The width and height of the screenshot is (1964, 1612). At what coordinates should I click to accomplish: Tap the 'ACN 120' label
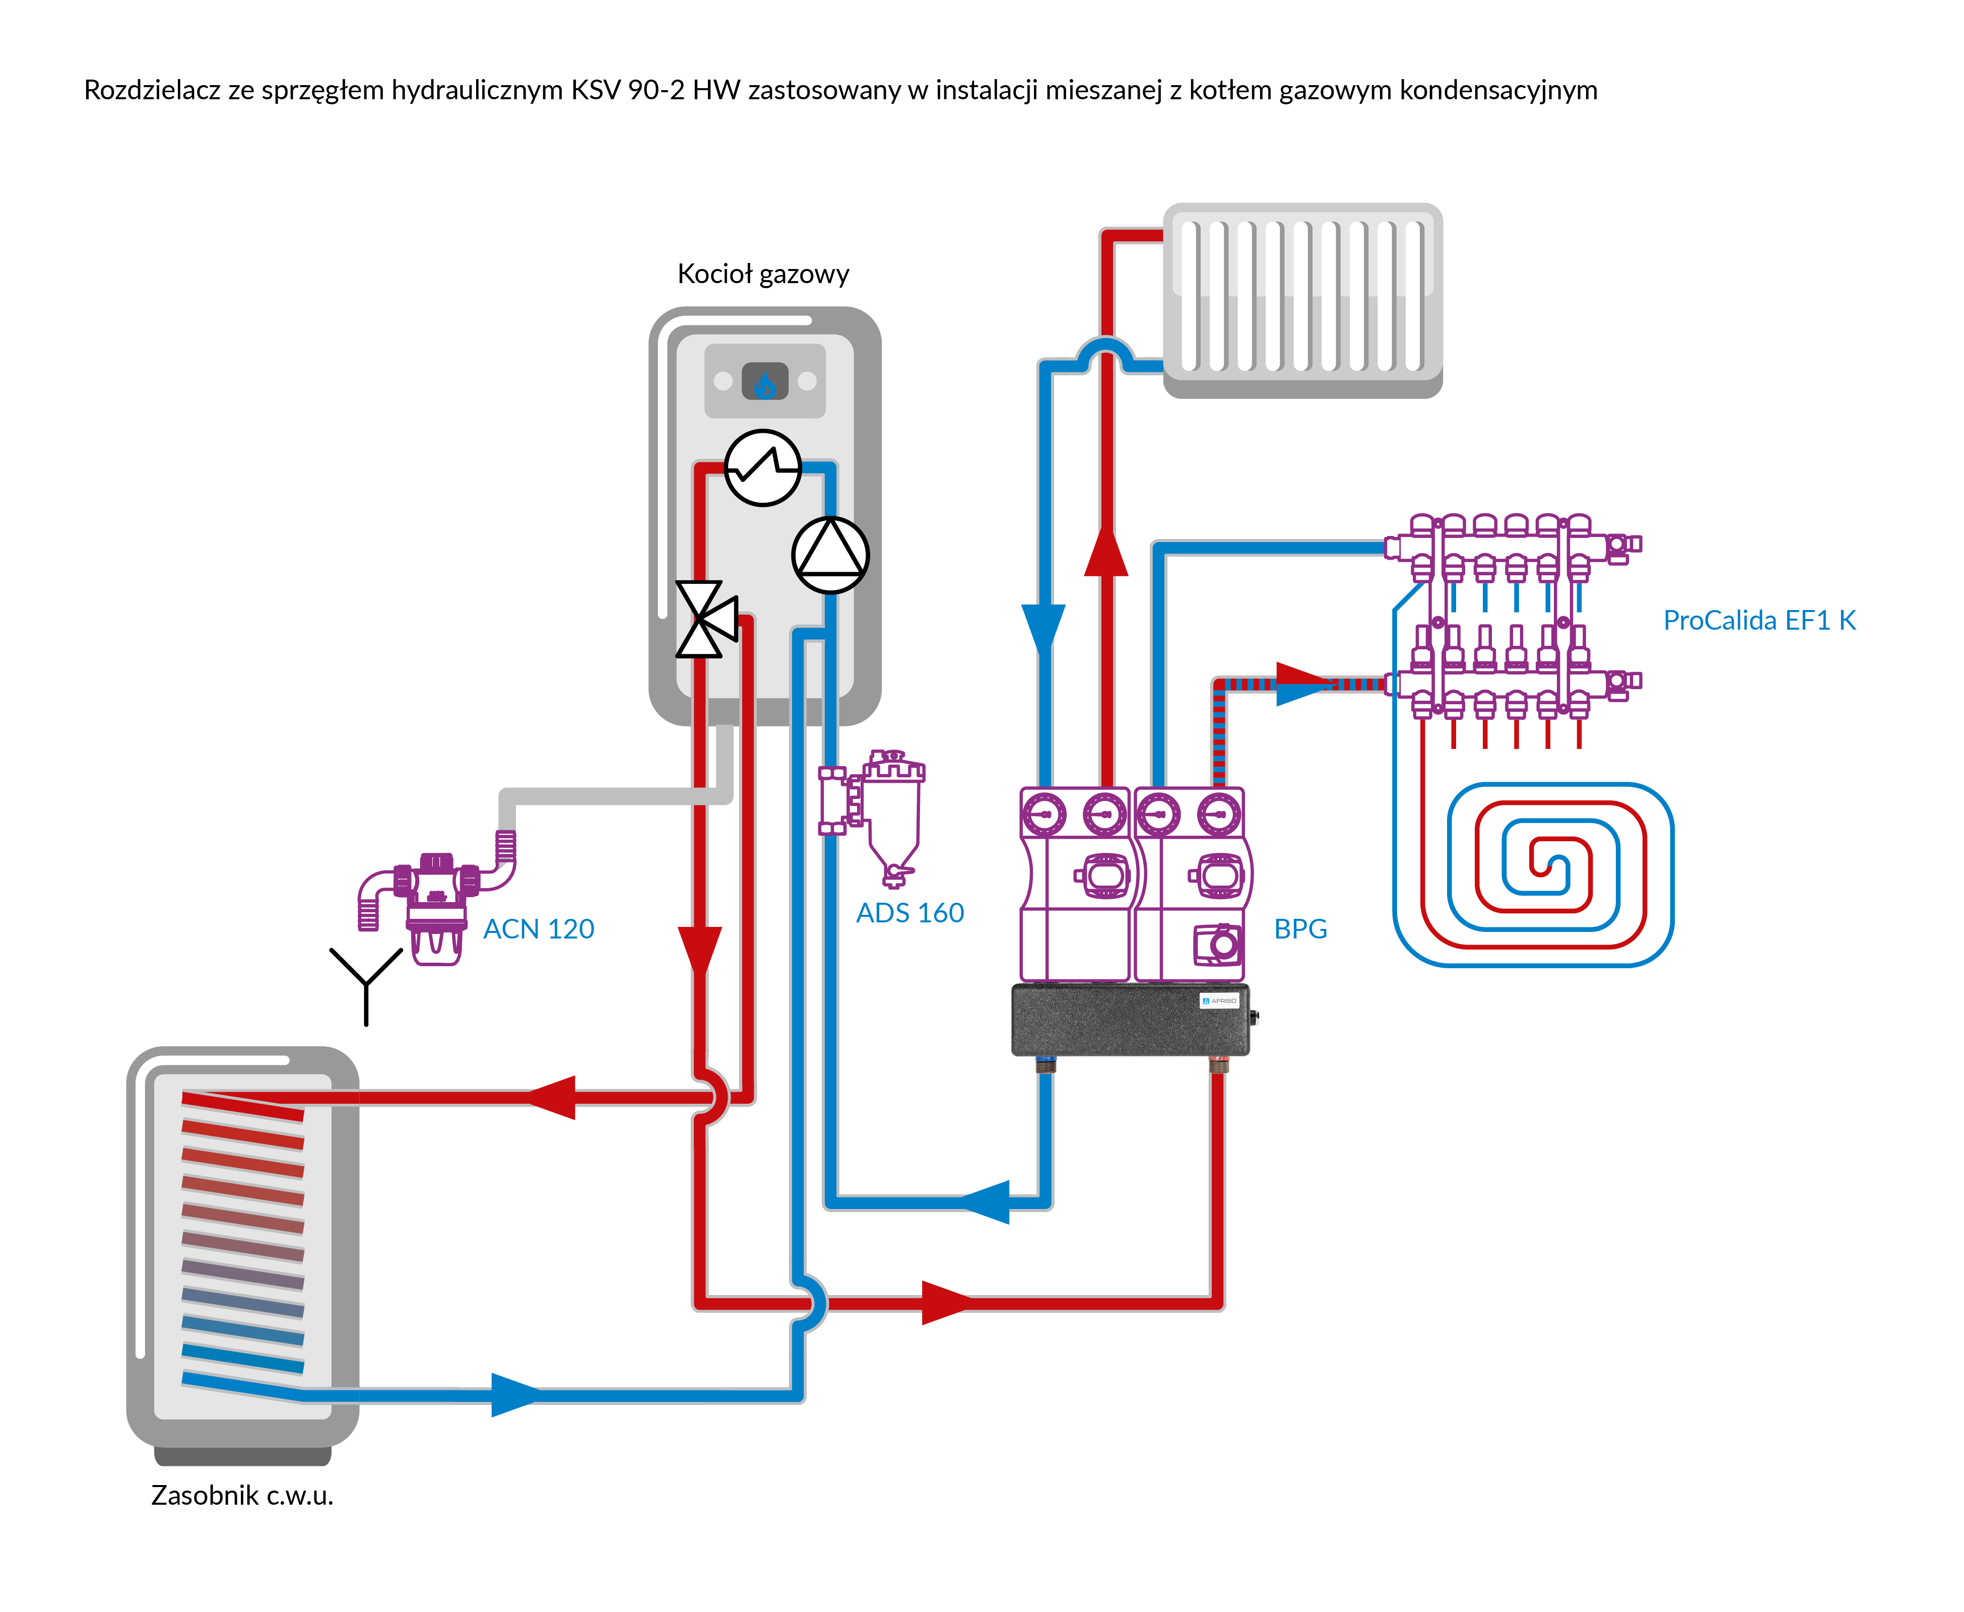tap(539, 928)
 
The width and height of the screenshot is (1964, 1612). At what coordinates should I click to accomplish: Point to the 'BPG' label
tap(1300, 928)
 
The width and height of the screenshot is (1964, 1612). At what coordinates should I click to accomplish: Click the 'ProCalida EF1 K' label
tap(1759, 620)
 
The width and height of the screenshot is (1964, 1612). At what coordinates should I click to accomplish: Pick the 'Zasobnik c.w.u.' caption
tap(241, 1495)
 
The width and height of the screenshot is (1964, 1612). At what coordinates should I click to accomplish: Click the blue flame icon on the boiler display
tap(764, 382)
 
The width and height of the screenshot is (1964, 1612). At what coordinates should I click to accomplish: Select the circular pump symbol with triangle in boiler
tap(830, 555)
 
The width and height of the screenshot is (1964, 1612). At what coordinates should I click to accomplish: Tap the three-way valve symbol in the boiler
tap(706, 619)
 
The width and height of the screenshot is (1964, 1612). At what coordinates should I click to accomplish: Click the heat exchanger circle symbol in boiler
tap(762, 467)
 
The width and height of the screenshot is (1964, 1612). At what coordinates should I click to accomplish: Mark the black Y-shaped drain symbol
tap(366, 982)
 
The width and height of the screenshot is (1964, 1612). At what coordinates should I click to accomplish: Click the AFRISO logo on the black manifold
tap(1219, 1001)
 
